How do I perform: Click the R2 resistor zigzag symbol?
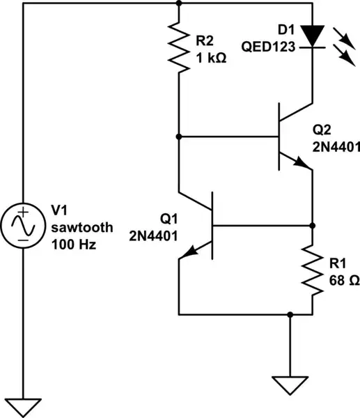coord(180,49)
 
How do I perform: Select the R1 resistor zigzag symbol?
coord(311,272)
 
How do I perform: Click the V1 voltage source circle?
coord(23,224)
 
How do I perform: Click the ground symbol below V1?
coord(23,407)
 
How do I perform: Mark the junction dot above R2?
coord(180,3)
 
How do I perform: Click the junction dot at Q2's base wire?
coord(180,137)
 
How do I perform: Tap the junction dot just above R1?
coord(311,225)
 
